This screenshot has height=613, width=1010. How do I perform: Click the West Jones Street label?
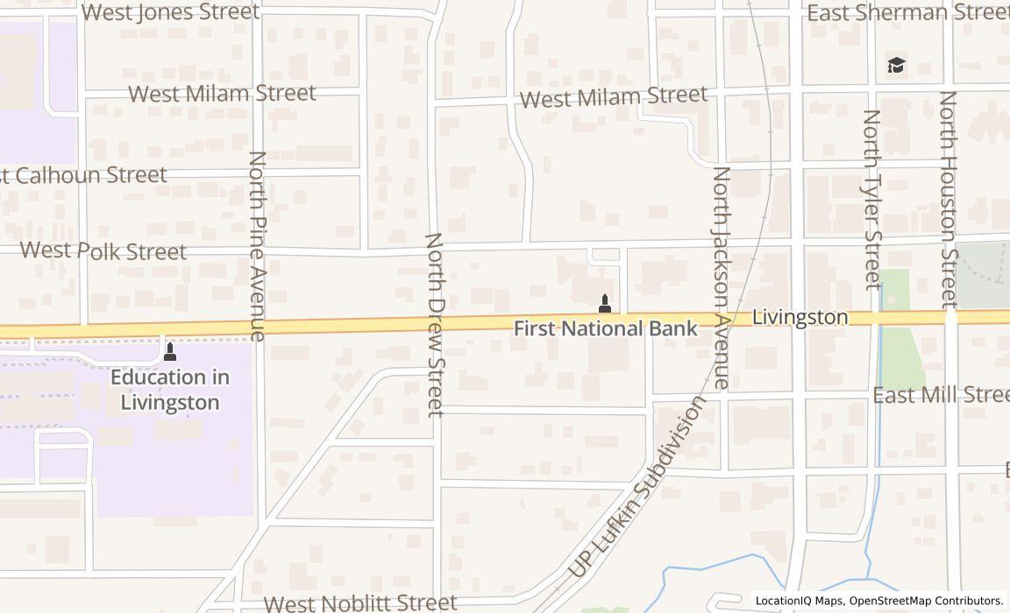(171, 12)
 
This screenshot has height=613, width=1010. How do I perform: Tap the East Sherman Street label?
(907, 12)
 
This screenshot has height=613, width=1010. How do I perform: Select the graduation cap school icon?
(895, 66)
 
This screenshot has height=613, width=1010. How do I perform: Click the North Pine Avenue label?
(257, 245)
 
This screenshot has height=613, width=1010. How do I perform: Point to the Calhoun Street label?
(83, 174)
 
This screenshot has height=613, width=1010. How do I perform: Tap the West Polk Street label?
(103, 250)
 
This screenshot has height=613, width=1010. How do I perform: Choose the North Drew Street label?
(435, 324)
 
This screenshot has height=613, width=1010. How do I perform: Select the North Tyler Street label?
(871, 199)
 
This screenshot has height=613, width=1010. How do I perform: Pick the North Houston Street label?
(949, 199)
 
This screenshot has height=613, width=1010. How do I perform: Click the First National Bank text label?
(605, 328)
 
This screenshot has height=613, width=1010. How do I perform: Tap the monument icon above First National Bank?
(604, 304)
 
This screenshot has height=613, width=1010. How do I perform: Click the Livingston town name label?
(800, 317)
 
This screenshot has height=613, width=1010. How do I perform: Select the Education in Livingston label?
(170, 390)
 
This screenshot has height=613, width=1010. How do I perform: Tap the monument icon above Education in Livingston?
(170, 351)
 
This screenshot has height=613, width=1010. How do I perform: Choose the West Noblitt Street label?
(360, 602)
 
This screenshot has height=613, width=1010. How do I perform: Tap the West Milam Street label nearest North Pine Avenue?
(222, 93)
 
